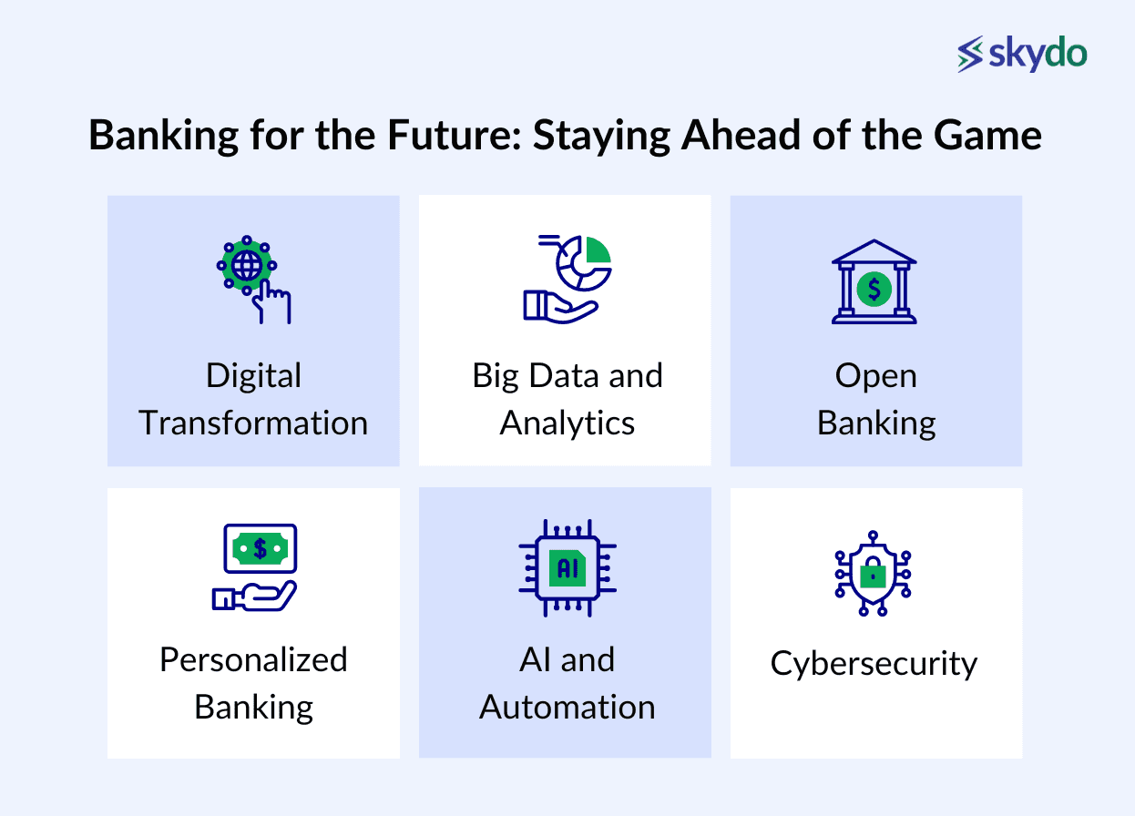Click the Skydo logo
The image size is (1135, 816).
(1022, 54)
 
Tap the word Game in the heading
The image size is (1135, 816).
(987, 135)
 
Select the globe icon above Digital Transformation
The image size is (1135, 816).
(247, 265)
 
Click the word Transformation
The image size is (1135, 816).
(253, 423)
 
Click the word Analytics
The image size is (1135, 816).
(567, 423)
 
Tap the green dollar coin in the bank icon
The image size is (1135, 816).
(874, 290)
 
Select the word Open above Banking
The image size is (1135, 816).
(876, 377)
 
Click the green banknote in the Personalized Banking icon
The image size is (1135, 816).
(260, 548)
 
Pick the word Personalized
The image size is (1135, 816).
(254, 660)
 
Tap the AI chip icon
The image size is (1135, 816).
(567, 567)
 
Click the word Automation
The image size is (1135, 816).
(567, 707)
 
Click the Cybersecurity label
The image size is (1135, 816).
(874, 664)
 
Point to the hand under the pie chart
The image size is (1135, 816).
(560, 306)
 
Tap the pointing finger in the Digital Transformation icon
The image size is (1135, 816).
(271, 302)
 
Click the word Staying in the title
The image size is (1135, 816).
(601, 137)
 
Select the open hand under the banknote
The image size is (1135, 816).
(254, 596)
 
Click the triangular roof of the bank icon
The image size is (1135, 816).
(874, 251)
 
